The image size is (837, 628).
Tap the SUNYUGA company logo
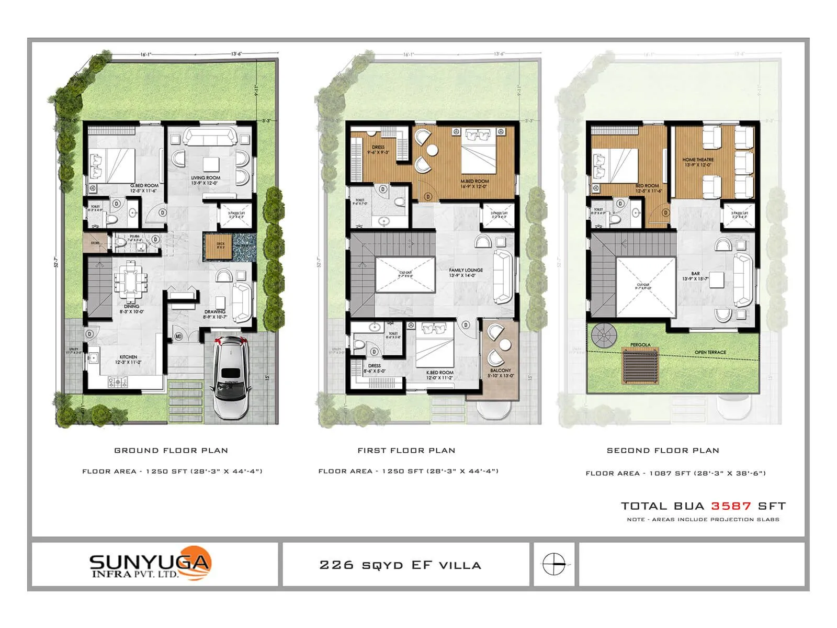tap(150, 564)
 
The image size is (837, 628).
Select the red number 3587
tap(731, 506)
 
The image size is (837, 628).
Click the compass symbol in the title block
tap(554, 565)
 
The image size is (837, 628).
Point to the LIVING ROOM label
tap(206, 178)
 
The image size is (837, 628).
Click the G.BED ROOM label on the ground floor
tap(144, 186)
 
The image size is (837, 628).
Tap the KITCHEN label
tap(128, 357)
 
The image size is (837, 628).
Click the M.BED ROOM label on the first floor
tap(474, 181)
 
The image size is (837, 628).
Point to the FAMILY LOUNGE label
tap(466, 270)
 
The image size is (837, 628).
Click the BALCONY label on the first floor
tap(501, 371)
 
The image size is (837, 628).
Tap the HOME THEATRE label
tap(698, 160)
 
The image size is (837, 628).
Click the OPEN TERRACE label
tap(710, 352)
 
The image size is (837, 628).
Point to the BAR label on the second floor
tap(695, 274)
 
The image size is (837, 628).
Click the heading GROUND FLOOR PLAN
tap(171, 451)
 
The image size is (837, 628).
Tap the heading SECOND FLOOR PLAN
tap(663, 451)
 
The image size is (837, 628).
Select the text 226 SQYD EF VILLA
tap(400, 565)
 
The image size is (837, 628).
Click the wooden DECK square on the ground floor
tap(214, 248)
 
